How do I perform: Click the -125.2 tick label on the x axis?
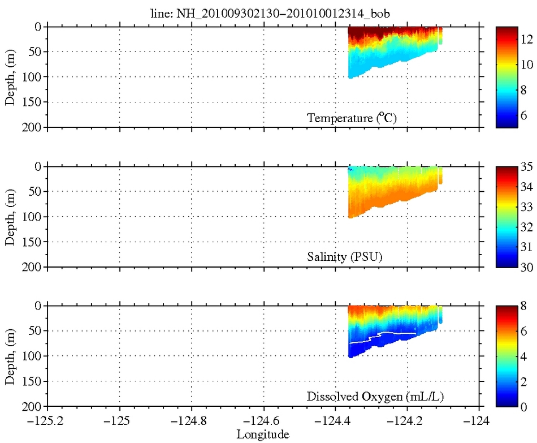coord(47,422)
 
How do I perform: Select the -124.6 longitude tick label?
coord(263,422)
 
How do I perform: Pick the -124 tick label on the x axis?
coord(479,422)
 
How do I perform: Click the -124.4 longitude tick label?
coord(336,422)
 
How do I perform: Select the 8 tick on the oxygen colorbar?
coord(523,306)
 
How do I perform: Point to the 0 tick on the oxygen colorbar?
coord(523,406)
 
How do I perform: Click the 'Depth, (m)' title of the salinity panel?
coord(11,217)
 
